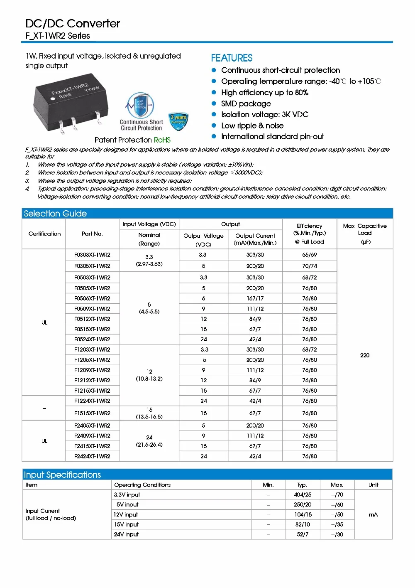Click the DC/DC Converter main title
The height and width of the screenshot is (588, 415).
(x=73, y=24)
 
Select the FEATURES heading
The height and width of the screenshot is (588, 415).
(x=232, y=58)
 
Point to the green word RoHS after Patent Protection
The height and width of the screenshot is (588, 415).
(x=162, y=140)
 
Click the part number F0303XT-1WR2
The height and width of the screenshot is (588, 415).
(x=92, y=255)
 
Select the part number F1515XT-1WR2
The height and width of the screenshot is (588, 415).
(x=92, y=413)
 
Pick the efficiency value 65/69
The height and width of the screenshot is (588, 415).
(x=309, y=255)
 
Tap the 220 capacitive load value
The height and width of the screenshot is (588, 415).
(x=365, y=355)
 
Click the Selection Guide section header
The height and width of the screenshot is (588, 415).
(x=55, y=214)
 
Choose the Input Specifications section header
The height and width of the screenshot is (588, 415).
(x=62, y=475)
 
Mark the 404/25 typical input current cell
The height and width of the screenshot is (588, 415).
(x=303, y=495)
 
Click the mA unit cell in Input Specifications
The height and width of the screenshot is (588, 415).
(x=373, y=514)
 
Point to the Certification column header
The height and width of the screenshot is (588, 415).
(x=44, y=234)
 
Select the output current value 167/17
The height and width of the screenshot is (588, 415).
(x=255, y=298)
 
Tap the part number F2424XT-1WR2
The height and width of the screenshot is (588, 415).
(x=92, y=456)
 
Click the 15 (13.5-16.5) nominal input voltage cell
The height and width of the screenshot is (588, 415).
(x=149, y=413)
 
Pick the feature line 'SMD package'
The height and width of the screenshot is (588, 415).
(x=246, y=104)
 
